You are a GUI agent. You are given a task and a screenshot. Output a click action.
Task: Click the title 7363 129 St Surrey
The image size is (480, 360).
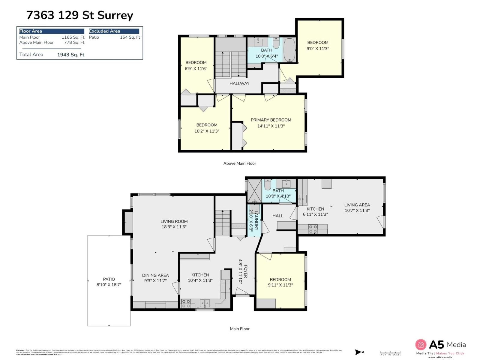coord(79,15)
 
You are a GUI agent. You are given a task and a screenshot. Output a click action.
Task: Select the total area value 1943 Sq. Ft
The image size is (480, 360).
coord(70,55)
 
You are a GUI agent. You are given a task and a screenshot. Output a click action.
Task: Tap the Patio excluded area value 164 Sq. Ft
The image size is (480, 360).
coord(130,37)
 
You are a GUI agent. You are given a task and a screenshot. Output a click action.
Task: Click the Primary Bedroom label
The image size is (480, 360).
coord(271,120)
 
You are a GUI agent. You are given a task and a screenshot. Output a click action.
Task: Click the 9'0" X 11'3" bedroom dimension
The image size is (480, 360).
coord(318,49)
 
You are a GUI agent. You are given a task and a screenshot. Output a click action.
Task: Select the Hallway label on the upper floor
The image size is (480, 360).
coord(239,83)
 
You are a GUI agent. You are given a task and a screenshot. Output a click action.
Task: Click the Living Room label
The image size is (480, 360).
coord(174,221)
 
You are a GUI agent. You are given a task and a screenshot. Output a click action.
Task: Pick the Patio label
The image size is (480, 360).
coord(109,279)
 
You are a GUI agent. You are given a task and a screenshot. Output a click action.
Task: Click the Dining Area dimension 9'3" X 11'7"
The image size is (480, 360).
coord(155,281)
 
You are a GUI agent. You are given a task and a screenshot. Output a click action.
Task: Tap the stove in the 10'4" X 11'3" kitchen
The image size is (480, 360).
coord(186,303)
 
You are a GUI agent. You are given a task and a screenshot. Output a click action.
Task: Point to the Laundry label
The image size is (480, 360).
coord(256,220)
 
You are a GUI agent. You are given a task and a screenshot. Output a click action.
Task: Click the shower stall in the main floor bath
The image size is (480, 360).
coord(254,191)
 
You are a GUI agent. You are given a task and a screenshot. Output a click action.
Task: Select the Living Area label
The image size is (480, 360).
coord(357,205)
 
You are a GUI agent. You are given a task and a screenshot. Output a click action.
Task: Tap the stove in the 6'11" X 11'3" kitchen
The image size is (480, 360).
coord(313,229)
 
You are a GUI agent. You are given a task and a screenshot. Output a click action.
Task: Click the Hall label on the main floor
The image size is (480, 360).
coord(278,216)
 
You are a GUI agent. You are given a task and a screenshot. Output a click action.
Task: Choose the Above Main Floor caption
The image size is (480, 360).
coord(240,163)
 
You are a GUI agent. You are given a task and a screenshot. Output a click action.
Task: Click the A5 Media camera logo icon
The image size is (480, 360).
coord(421,344)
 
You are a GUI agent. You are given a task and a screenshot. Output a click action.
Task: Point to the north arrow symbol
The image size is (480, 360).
coord(359,352)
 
